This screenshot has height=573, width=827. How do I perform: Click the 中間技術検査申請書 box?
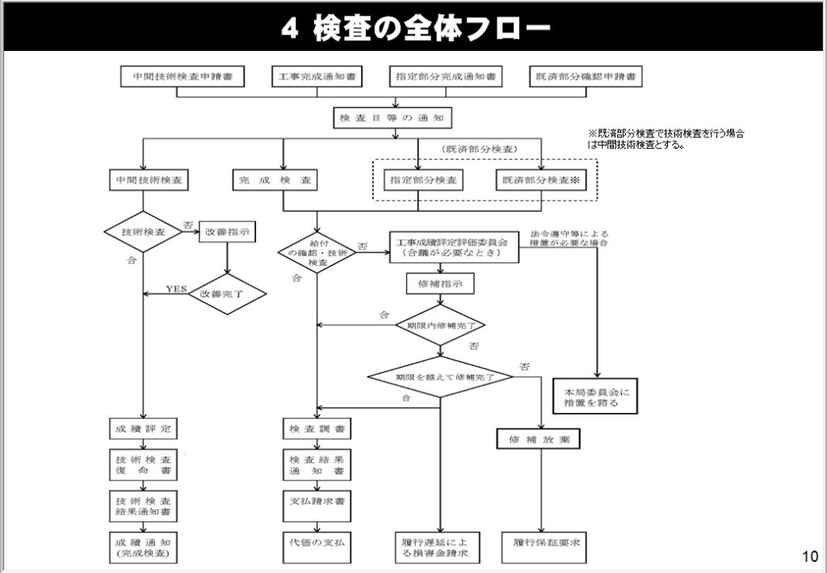(176, 77)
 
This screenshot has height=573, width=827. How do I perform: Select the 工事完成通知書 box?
(315, 77)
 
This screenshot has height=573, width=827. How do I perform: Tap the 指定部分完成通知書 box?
(445, 77)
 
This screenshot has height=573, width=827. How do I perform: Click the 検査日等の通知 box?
(393, 118)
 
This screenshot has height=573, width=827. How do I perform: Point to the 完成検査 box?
(275, 179)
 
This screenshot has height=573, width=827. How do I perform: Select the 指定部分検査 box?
(419, 179)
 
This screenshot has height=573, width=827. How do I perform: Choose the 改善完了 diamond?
(227, 294)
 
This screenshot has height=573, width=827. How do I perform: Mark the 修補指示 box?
(439, 285)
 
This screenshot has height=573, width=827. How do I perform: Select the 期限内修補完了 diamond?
(440, 326)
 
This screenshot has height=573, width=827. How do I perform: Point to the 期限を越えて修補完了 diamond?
(440, 377)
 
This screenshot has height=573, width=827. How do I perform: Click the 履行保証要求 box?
(540, 542)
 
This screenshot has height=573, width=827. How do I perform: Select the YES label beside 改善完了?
(175, 289)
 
